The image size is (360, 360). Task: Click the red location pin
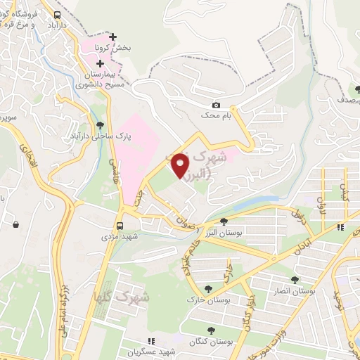(181, 165)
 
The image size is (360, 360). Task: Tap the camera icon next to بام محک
(216, 105)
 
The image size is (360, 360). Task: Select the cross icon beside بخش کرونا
(113, 37)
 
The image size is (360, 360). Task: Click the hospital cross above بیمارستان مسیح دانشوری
(101, 63)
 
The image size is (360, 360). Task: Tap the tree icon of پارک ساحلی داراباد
(99, 126)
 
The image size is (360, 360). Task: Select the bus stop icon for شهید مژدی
(120, 226)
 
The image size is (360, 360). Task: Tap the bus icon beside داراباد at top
(56, 13)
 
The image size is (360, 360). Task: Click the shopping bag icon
(15, 225)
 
